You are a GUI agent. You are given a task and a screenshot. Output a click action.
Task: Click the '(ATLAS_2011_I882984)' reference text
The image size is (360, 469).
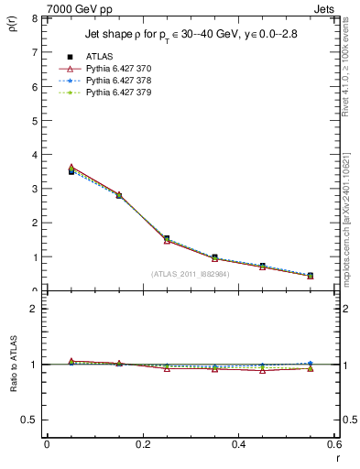coord(189,273)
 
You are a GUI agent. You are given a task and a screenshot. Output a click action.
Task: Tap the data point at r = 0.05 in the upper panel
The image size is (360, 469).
coord(71,170)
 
